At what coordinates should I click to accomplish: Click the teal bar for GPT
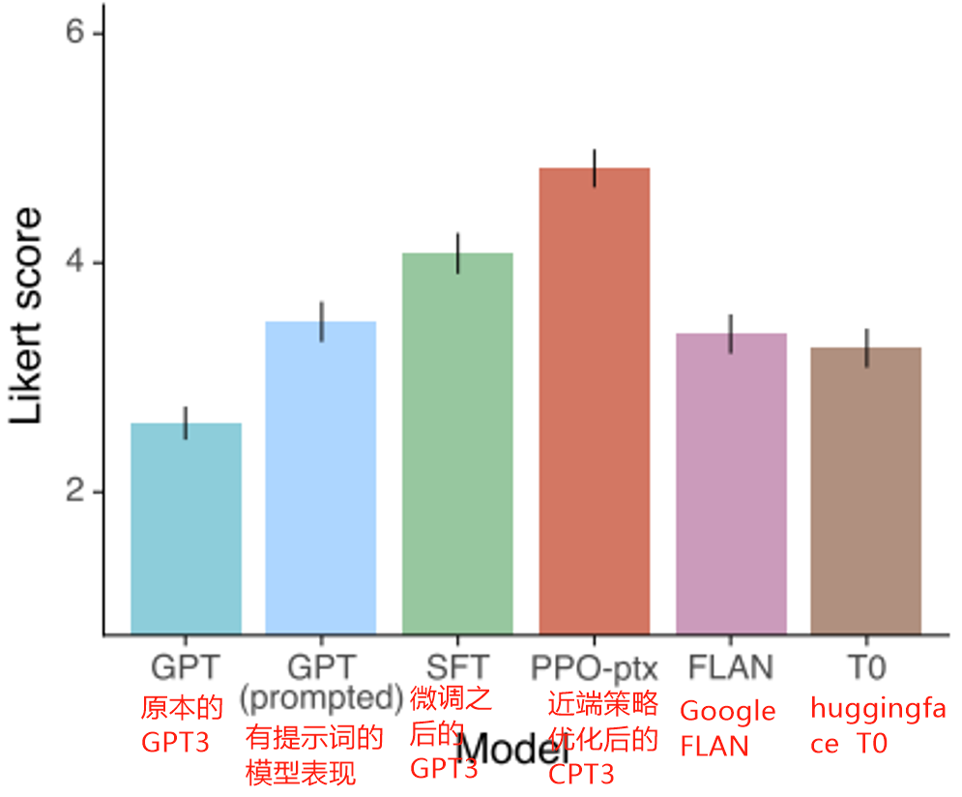pyautogui.click(x=186, y=528)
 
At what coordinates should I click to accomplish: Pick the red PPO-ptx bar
pyautogui.click(x=594, y=400)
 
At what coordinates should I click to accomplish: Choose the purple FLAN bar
pyautogui.click(x=731, y=484)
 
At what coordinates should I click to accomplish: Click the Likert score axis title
pyautogui.click(x=29, y=315)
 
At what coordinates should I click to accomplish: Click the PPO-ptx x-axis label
pyautogui.click(x=594, y=667)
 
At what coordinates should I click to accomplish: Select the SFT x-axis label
pyautogui.click(x=457, y=667)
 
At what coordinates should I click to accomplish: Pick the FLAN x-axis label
pyautogui.click(x=731, y=667)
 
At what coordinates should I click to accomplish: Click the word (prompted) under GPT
pyautogui.click(x=321, y=696)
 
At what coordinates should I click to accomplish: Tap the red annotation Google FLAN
pyautogui.click(x=728, y=728)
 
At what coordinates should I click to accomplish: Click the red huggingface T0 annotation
pyautogui.click(x=876, y=726)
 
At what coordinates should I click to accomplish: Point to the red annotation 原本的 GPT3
pyautogui.click(x=183, y=724)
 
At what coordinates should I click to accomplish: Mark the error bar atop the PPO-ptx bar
pyautogui.click(x=595, y=168)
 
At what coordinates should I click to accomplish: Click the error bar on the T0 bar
pyautogui.click(x=868, y=348)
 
